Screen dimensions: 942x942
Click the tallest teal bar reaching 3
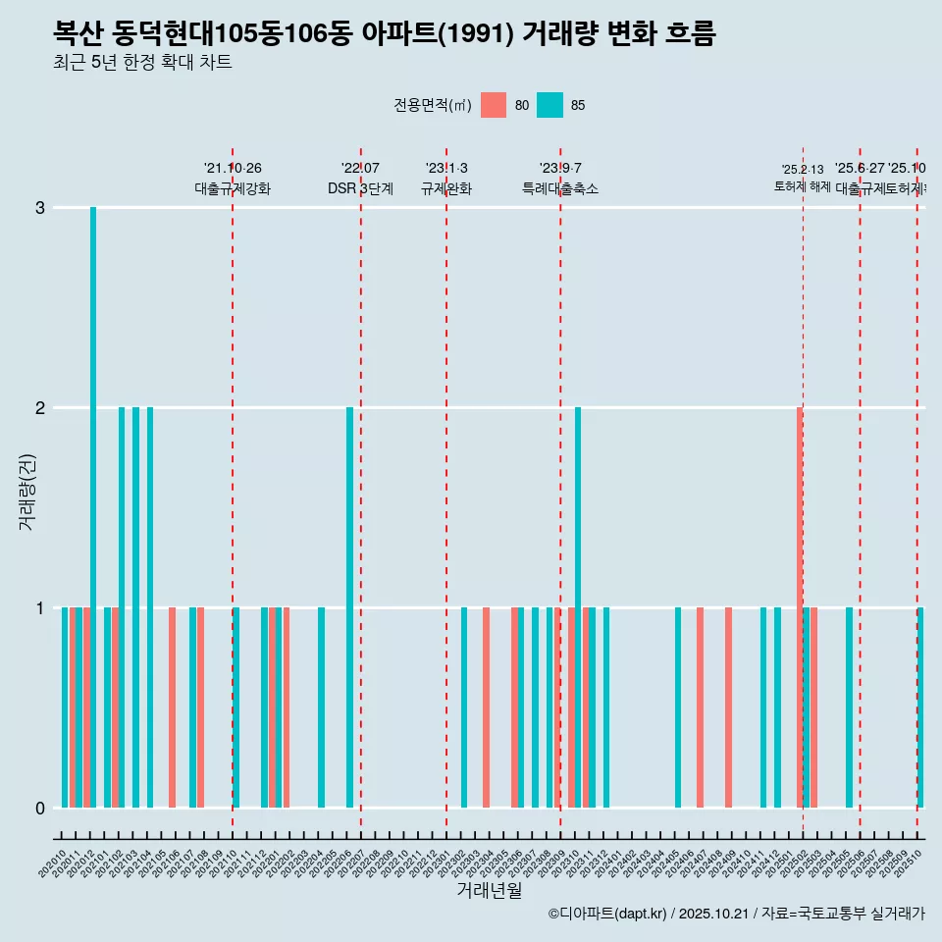click(93, 506)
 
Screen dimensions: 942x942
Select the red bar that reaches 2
click(800, 606)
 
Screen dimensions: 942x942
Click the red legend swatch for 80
click(494, 105)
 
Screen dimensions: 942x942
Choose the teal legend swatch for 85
click(550, 105)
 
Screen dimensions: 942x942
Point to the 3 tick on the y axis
click(40, 208)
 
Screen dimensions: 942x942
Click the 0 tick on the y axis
click(40, 809)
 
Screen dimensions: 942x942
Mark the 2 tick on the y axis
click(40, 408)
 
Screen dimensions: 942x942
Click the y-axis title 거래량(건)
click(26, 492)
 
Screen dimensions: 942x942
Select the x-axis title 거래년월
click(489, 891)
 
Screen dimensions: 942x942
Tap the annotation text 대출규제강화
click(233, 189)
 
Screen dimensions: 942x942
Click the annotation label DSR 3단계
click(361, 189)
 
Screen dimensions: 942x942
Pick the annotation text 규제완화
click(446, 189)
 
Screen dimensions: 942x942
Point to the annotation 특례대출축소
click(560, 189)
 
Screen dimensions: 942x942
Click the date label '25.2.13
click(803, 170)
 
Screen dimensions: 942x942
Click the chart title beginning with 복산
click(385, 33)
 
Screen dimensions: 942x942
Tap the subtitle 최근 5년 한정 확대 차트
click(143, 63)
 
